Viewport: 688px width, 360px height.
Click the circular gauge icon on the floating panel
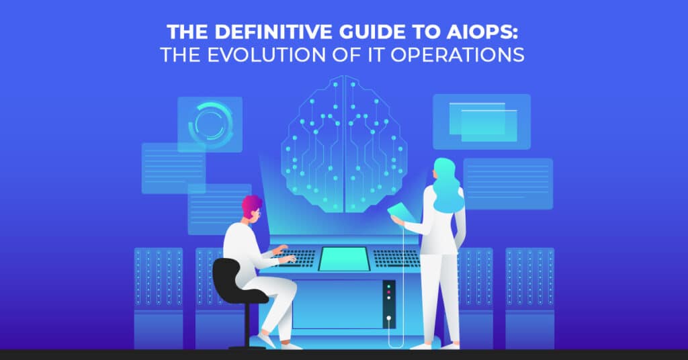coord(210,124)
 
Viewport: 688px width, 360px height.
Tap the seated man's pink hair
coord(251,204)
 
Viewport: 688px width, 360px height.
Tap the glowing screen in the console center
coord(343,259)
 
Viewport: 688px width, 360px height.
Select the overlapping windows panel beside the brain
coord(482,122)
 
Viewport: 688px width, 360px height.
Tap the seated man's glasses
coord(258,213)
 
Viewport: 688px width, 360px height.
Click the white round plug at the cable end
coord(389,318)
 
